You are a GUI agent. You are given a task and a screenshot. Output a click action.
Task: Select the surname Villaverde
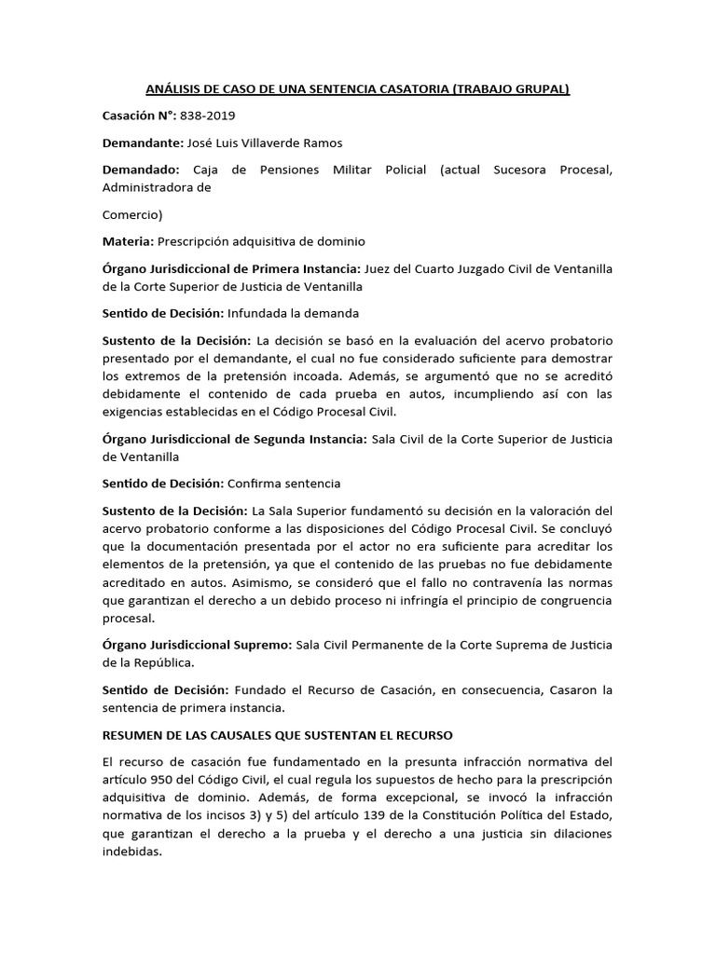pos(284,144)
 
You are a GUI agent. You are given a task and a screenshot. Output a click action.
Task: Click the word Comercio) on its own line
pos(132,214)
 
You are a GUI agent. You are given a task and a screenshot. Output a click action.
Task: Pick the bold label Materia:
pos(127,241)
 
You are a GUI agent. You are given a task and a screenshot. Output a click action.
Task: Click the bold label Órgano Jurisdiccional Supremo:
pos(197,645)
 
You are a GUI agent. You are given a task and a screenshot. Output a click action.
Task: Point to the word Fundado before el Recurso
pos(262,690)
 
